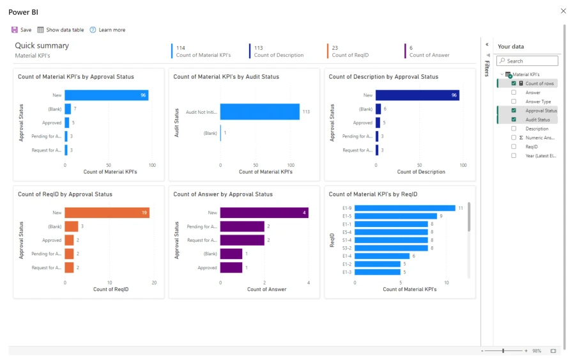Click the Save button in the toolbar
click(x=21, y=30)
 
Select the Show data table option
click(x=61, y=30)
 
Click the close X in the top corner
click(x=563, y=11)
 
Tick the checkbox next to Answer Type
click(x=514, y=102)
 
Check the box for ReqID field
click(x=514, y=146)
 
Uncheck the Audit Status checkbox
click(x=514, y=120)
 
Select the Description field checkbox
click(x=514, y=129)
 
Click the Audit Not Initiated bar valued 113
click(x=260, y=112)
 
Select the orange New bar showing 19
click(x=107, y=213)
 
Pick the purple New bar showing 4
click(x=264, y=213)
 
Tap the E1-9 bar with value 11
click(x=404, y=208)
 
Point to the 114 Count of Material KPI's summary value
click(x=181, y=48)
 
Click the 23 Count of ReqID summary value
click(x=335, y=48)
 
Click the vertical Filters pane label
click(x=487, y=68)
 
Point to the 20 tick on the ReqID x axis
click(x=154, y=282)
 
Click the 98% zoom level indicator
click(x=537, y=351)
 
